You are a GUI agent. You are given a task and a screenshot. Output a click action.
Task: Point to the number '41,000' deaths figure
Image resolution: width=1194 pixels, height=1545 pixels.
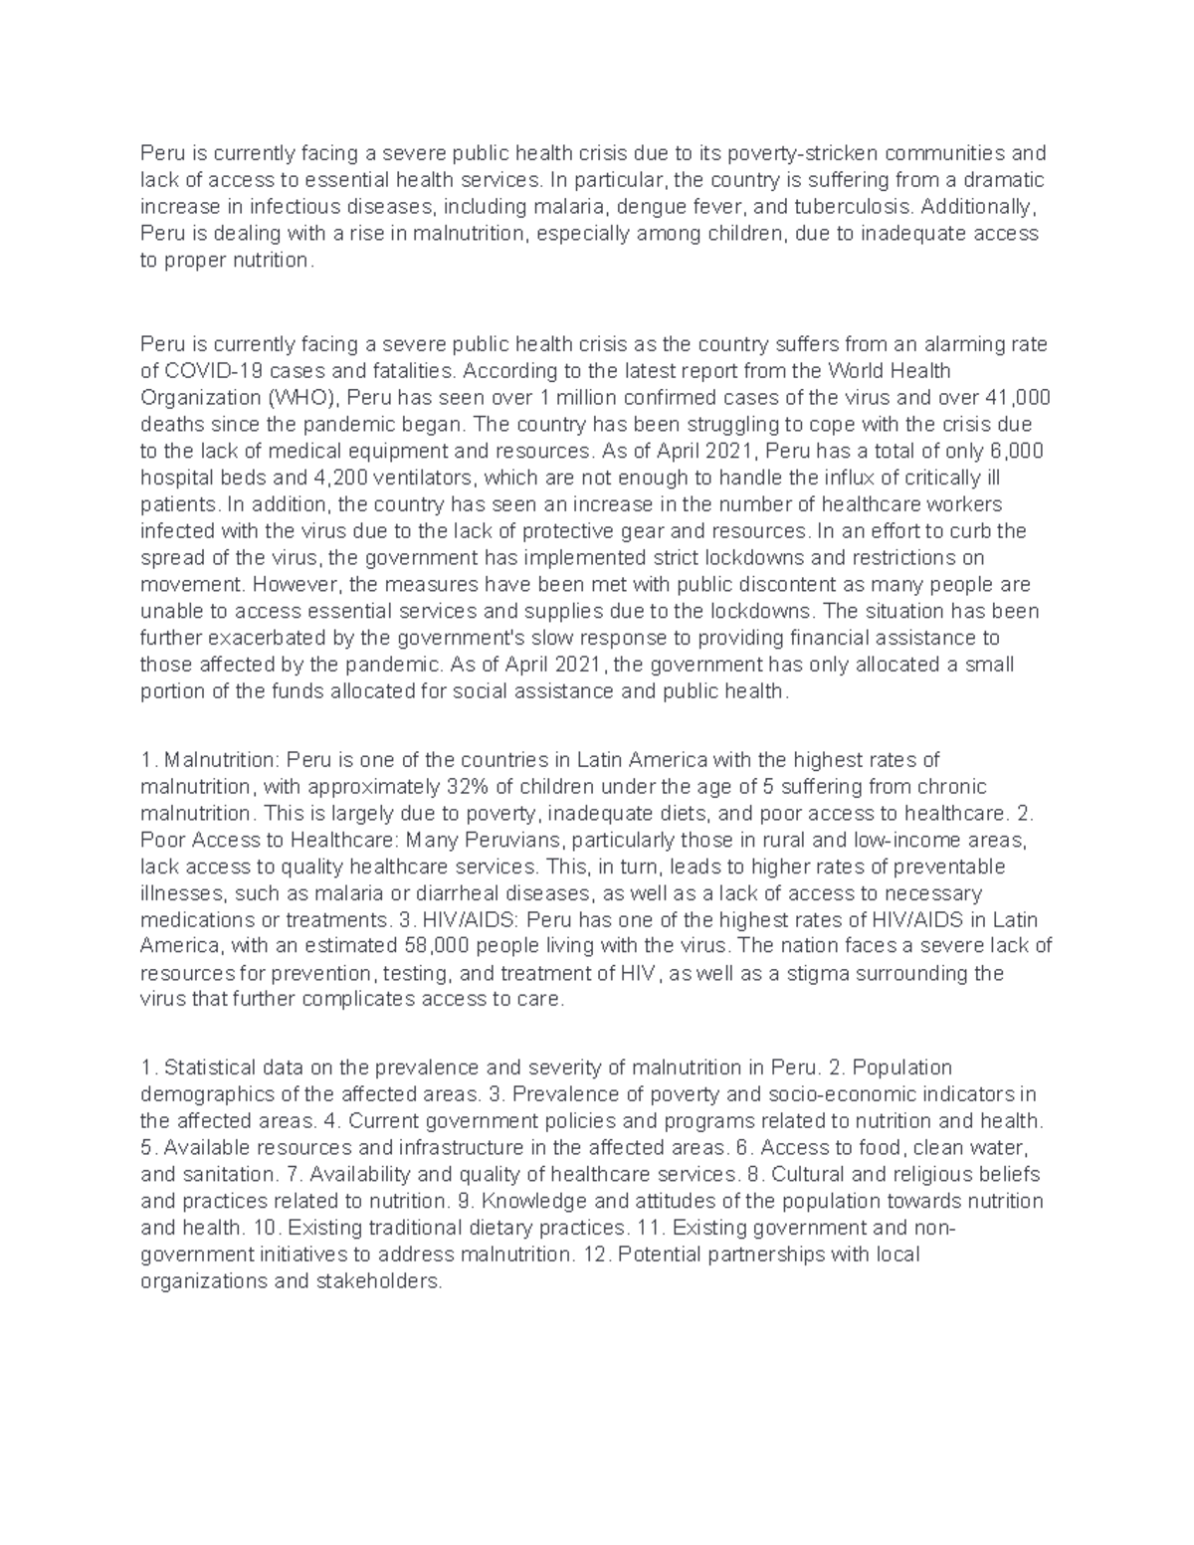(1022, 398)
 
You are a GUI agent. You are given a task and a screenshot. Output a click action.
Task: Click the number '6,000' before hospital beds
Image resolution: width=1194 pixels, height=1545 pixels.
(1015, 451)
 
